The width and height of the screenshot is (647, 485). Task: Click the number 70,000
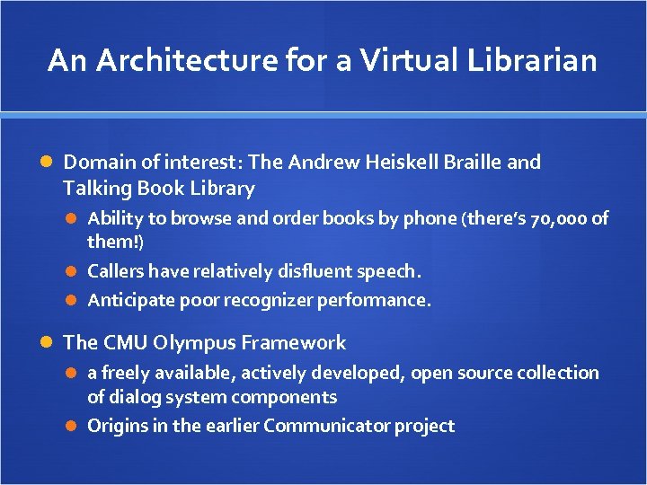557,218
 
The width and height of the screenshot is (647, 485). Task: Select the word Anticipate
129,300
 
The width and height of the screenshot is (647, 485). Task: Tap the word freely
127,373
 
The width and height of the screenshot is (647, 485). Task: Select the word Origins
118,426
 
